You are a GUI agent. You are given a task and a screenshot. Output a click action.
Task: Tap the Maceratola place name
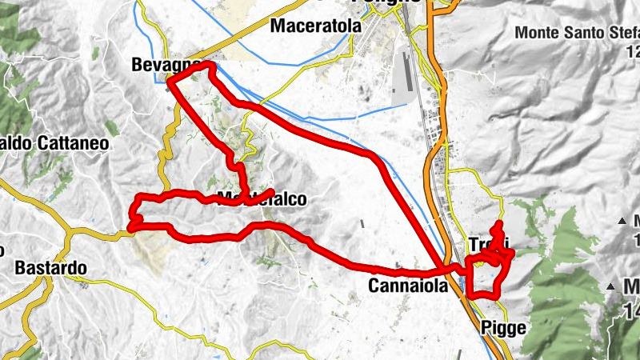click(x=316, y=26)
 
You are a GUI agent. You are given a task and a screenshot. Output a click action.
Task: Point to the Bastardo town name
click(x=50, y=266)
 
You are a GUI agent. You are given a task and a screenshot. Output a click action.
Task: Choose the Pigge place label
click(x=504, y=327)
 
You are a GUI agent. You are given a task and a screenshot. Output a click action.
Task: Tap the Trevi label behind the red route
click(x=488, y=244)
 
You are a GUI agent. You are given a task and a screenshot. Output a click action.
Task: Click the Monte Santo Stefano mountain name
click(x=577, y=33)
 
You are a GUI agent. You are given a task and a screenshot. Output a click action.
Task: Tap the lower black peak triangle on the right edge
click(x=610, y=285)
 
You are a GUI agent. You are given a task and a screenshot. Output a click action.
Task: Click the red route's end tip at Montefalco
click(x=272, y=191)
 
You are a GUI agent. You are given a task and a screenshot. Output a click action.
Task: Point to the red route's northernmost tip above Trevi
click(x=499, y=223)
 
